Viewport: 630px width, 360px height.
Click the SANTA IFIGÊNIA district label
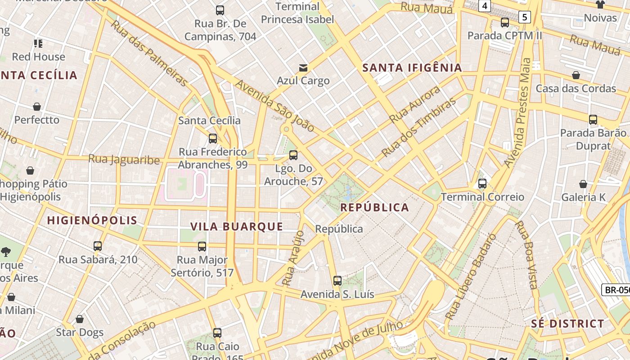click(x=412, y=68)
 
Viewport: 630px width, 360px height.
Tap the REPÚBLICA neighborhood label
click(x=374, y=207)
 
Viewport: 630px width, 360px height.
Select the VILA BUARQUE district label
click(x=237, y=226)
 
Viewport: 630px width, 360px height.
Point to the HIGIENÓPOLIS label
click(x=92, y=220)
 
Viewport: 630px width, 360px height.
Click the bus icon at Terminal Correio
click(x=482, y=184)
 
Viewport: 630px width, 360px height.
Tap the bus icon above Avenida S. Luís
click(x=337, y=281)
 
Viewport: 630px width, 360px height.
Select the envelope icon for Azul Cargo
click(x=303, y=68)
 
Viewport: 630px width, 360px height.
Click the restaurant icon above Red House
click(x=38, y=44)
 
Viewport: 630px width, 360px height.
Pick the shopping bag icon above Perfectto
click(x=37, y=107)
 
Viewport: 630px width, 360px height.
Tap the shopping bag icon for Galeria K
click(x=583, y=184)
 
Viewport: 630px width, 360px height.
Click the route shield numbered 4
click(x=484, y=6)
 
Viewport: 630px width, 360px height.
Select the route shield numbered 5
click(x=525, y=18)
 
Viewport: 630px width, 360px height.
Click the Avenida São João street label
click(x=274, y=106)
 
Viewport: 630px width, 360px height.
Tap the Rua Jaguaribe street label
click(x=124, y=159)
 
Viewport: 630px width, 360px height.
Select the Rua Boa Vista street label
click(x=527, y=254)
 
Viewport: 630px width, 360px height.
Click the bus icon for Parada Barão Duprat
click(x=593, y=120)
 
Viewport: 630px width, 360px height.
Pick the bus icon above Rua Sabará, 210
click(x=98, y=246)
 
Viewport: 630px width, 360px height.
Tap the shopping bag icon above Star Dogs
click(x=80, y=319)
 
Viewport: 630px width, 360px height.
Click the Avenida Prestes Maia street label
click(x=518, y=112)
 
